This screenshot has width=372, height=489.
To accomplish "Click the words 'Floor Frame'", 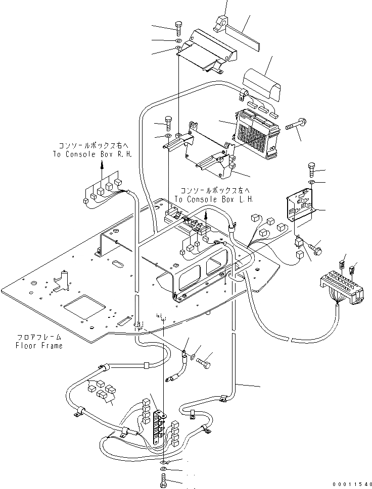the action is coord(39,346).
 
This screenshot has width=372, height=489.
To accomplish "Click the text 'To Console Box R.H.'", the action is coord(92,154).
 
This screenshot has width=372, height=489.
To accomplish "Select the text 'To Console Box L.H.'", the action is coord(214,199).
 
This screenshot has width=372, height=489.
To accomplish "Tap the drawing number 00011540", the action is coord(352,484).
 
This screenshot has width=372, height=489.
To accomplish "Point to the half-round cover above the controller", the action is coord(261,85).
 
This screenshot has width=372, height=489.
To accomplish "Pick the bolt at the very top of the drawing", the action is coord(179,29).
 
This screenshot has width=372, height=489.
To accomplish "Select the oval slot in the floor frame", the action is coord(119,264).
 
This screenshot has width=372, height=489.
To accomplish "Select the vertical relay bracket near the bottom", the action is coord(160,426).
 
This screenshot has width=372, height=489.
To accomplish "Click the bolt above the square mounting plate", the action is coord(312,170).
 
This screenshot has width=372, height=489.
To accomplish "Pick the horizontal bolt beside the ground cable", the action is coord(204,363).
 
